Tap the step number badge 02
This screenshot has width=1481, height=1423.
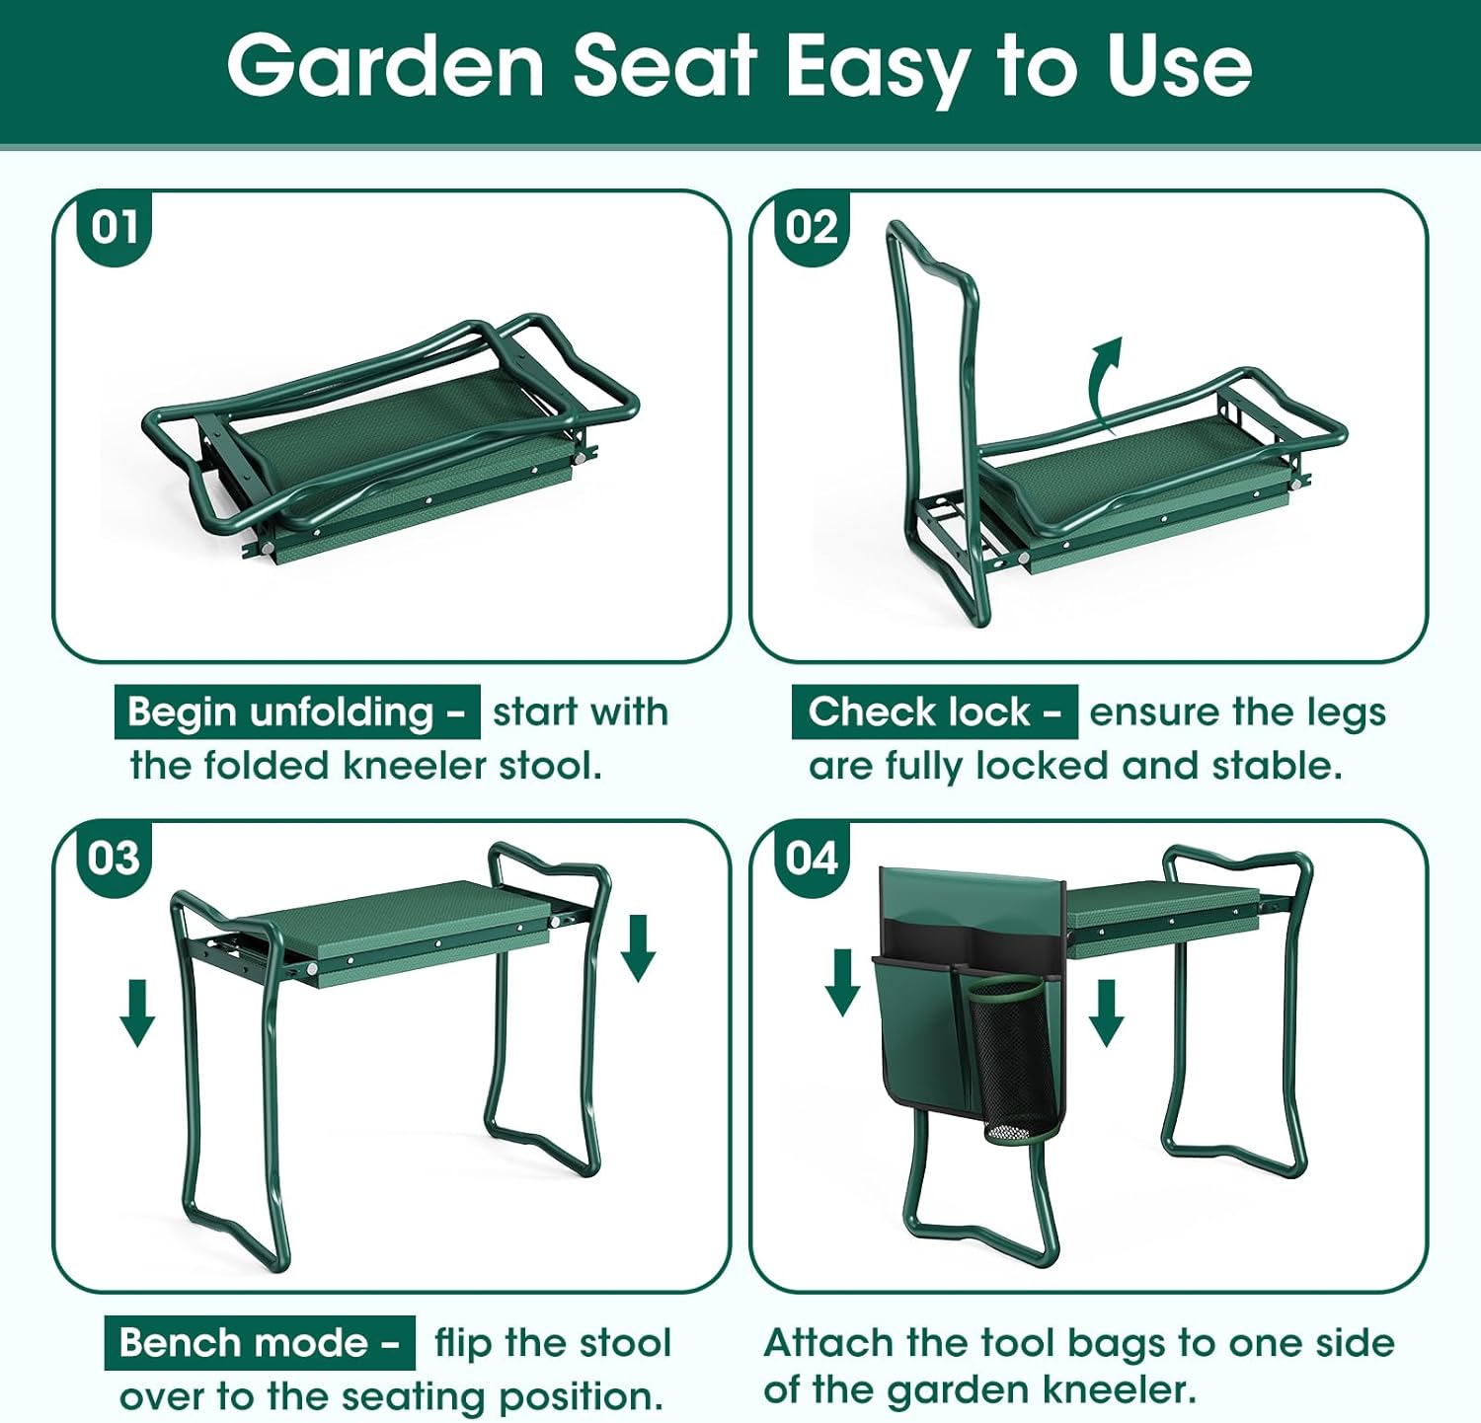click(812, 228)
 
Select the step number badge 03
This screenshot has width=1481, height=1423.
click(115, 858)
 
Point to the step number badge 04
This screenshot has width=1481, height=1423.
click(812, 858)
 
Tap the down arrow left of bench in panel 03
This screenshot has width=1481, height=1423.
click(137, 1011)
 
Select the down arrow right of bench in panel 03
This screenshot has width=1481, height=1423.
click(638, 946)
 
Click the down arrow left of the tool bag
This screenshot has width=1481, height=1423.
click(842, 981)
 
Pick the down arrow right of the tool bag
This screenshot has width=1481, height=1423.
click(1106, 1011)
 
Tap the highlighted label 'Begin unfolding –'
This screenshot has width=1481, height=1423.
click(296, 711)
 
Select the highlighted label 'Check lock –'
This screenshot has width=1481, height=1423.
click(934, 711)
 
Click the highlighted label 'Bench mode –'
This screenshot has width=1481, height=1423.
click(259, 1342)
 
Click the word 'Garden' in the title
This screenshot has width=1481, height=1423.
click(385, 66)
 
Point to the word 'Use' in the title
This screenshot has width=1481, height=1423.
click(1179, 66)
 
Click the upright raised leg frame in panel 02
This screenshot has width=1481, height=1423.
click(933, 414)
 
